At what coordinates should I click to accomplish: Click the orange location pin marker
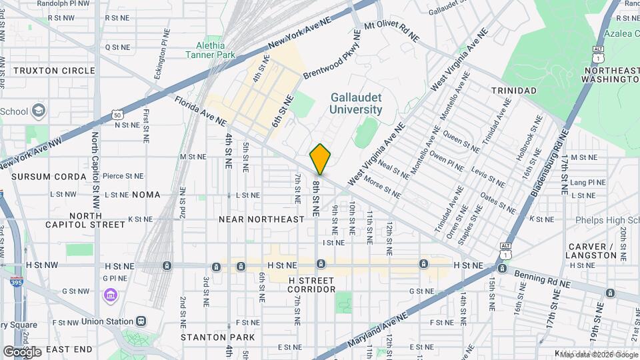coord(321,159)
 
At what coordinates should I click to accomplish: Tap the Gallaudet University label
coord(356,103)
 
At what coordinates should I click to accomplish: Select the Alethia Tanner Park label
coord(211,49)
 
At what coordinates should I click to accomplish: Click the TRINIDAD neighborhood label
coord(513,90)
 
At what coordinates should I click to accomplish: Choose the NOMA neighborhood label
coord(146,195)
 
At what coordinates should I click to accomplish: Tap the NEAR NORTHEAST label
coord(262,219)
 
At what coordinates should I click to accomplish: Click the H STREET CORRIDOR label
coord(311,283)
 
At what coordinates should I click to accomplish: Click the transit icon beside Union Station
coord(142,321)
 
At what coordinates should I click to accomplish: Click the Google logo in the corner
coord(22,351)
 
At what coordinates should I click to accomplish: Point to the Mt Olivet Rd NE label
coord(393,29)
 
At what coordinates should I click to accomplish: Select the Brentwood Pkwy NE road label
coord(331,63)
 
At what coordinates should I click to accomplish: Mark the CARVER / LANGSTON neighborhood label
coord(592,251)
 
